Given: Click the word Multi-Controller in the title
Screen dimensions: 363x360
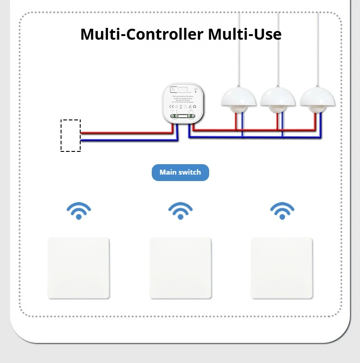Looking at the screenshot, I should tap(142, 34).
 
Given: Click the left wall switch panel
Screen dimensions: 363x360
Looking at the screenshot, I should tap(78, 268).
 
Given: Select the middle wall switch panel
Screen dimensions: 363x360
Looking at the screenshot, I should tap(180, 268).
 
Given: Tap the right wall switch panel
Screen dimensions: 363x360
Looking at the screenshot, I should tap(282, 268).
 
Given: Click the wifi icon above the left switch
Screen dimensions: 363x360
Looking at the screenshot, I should tap(79, 211).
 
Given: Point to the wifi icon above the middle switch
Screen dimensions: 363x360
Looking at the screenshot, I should tap(180, 211).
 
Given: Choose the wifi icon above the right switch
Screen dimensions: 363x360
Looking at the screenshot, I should tap(282, 211).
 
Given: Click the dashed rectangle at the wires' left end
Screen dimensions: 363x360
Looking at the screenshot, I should tap(71, 135).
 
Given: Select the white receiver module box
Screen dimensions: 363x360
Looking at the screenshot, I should tap(183, 103).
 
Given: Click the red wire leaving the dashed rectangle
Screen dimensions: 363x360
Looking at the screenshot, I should tap(123, 133).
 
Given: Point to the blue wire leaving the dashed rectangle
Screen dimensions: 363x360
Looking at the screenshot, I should tap(123, 140).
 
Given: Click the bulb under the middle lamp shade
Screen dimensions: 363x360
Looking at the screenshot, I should tap(278, 109).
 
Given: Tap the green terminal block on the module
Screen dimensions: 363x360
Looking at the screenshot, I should tap(183, 116).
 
